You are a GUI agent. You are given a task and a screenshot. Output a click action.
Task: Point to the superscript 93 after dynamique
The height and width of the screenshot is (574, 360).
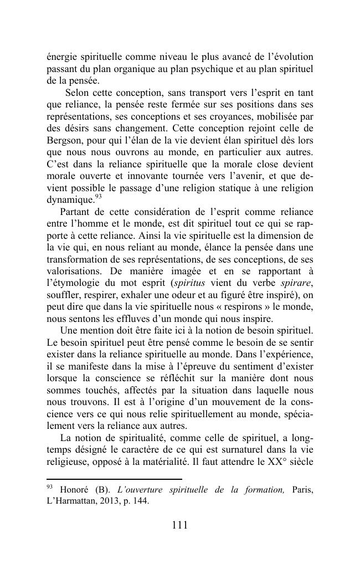98,197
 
